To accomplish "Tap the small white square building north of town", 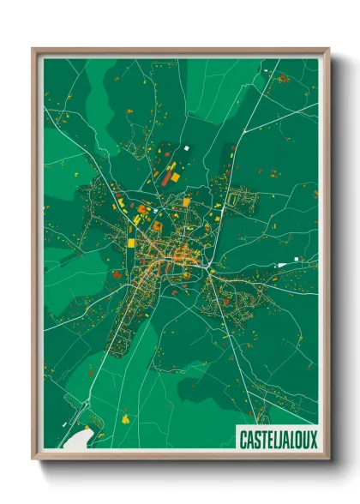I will point(186,148).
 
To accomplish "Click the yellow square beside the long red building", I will point(176,177).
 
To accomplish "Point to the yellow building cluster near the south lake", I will point(125,419).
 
